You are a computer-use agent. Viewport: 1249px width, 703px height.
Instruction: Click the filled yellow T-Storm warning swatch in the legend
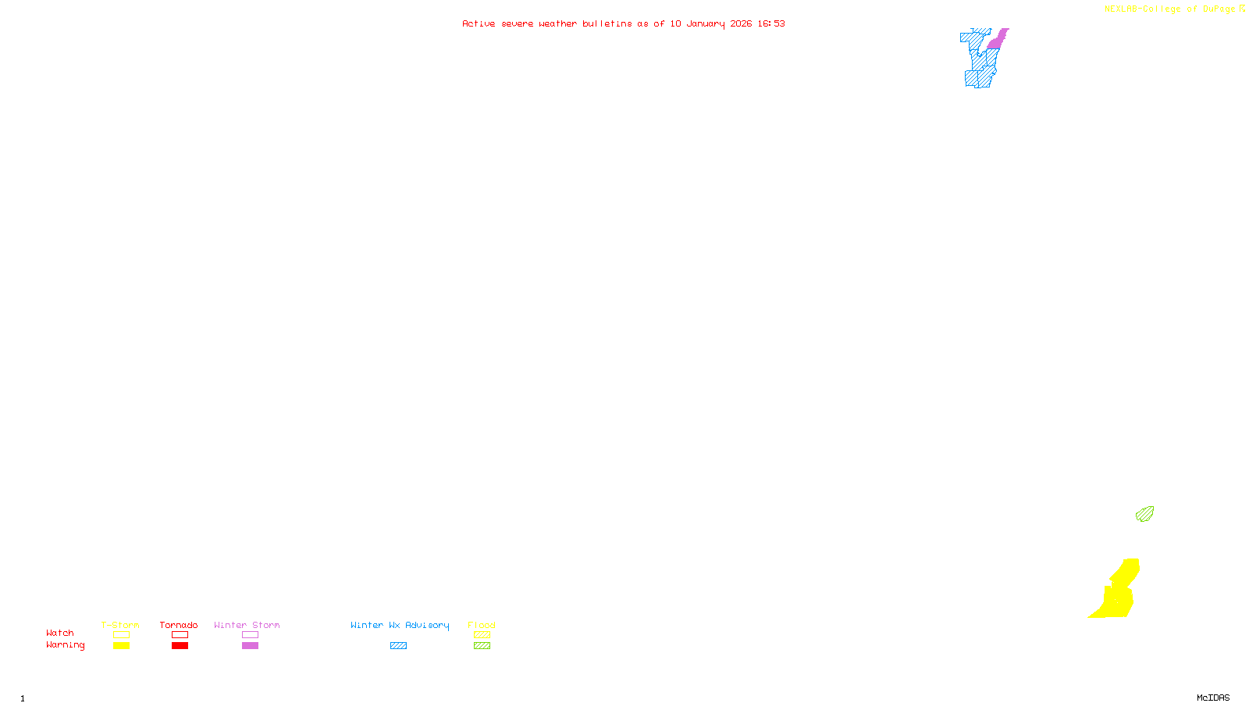pyautogui.click(x=121, y=646)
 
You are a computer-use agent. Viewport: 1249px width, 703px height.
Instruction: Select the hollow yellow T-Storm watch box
pyautogui.click(x=121, y=635)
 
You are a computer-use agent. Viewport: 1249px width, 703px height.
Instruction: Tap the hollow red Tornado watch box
pyautogui.click(x=180, y=635)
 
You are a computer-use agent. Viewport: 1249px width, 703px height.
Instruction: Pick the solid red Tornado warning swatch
pyautogui.click(x=180, y=646)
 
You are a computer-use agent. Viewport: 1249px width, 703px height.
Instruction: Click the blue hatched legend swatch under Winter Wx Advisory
pyautogui.click(x=398, y=646)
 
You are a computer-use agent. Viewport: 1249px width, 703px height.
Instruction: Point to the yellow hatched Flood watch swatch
pyautogui.click(x=482, y=635)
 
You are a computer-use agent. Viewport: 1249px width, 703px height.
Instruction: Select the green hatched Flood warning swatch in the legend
pyautogui.click(x=482, y=646)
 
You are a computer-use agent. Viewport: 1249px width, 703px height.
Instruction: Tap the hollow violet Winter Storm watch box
pyautogui.click(x=250, y=635)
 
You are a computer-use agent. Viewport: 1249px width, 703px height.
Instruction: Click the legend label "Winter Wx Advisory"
pyautogui.click(x=400, y=625)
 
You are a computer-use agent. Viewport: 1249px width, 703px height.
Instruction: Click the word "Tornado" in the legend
pyautogui.click(x=179, y=625)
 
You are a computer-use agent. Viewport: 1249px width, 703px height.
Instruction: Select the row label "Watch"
pyautogui.click(x=60, y=633)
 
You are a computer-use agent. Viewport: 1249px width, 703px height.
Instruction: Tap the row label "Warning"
pyautogui.click(x=66, y=645)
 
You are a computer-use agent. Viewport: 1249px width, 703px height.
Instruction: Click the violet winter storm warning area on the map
pyautogui.click(x=997, y=40)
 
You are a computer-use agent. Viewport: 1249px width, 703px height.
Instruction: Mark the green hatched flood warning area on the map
pyautogui.click(x=1144, y=514)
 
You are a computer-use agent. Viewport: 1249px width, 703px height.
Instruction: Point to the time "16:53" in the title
pyautogui.click(x=771, y=23)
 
